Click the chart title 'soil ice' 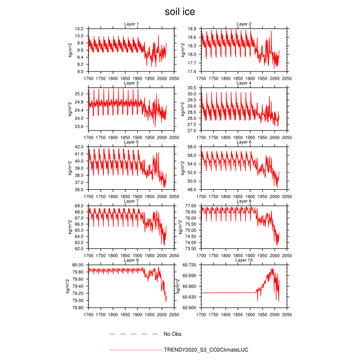tap(179, 11)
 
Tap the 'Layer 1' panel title tap(131, 24)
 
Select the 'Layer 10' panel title tap(244, 260)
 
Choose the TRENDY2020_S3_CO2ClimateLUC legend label tap(206, 350)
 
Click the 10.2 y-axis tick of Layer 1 tap(79, 29)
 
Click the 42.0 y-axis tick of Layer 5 tap(79, 147)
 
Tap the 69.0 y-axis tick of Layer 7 tap(79, 206)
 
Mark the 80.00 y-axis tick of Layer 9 tap(77, 265)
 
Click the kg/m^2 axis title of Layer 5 tap(70, 168)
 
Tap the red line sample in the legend tap(135, 350)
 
